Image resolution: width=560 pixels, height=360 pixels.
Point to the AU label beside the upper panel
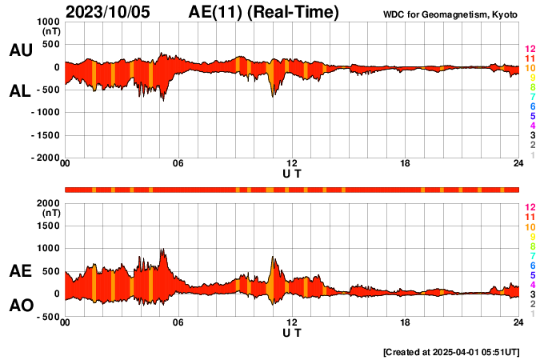coord(20,50)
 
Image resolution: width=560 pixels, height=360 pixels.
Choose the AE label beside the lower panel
coord(20,271)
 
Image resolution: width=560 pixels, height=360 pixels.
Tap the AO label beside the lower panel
coord(20,306)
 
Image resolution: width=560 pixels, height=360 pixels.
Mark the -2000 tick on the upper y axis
coord(45,158)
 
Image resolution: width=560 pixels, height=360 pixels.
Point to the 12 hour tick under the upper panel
coord(292,164)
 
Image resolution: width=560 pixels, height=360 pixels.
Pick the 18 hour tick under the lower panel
coord(406,322)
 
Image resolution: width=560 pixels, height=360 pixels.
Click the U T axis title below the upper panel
coord(292,174)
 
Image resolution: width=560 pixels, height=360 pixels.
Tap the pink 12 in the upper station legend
coord(530,49)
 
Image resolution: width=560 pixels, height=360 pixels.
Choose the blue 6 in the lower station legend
coord(532,265)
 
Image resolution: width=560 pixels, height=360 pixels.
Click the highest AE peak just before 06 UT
coord(163,250)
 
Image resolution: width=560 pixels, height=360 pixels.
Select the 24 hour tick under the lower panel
coord(518,322)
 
